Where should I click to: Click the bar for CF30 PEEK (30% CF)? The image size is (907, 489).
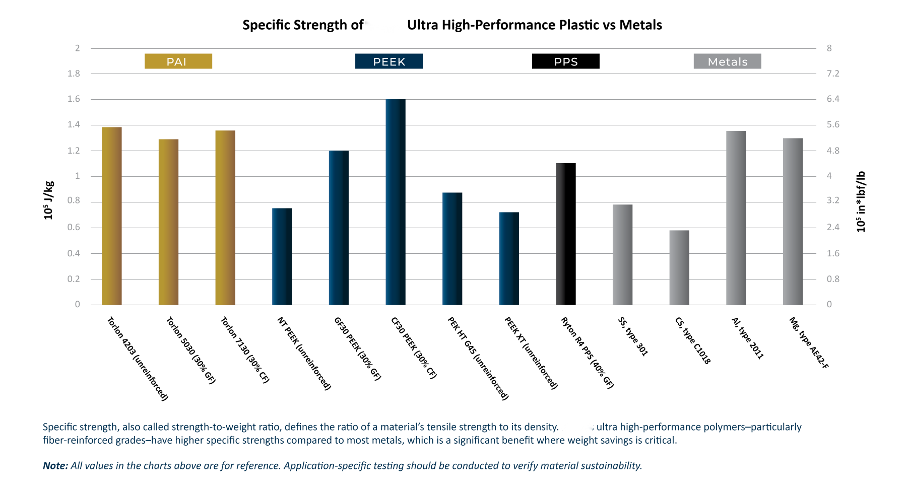point(396,201)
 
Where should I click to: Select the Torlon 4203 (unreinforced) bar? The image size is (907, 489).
point(112,217)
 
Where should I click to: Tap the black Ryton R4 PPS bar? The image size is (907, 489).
point(566,234)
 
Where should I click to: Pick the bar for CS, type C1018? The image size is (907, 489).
point(679,267)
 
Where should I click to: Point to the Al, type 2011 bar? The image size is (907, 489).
point(736,218)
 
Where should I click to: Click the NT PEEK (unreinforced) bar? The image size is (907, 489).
point(282,256)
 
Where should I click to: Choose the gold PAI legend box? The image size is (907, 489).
point(178,61)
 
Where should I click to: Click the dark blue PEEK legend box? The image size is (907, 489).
point(389,61)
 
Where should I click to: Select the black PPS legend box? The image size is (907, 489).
point(566,61)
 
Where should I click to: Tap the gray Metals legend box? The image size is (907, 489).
point(727,61)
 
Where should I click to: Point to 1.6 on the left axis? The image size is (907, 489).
point(74,99)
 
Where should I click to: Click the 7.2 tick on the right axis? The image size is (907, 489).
point(833,74)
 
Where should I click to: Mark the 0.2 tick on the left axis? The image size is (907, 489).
point(74,279)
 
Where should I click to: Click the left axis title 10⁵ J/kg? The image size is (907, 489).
point(48,200)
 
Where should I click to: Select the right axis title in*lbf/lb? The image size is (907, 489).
point(861,201)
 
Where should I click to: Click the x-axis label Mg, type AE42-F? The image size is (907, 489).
point(809,343)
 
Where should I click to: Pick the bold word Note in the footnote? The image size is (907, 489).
point(55,466)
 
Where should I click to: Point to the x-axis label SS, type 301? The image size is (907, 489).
point(633,336)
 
